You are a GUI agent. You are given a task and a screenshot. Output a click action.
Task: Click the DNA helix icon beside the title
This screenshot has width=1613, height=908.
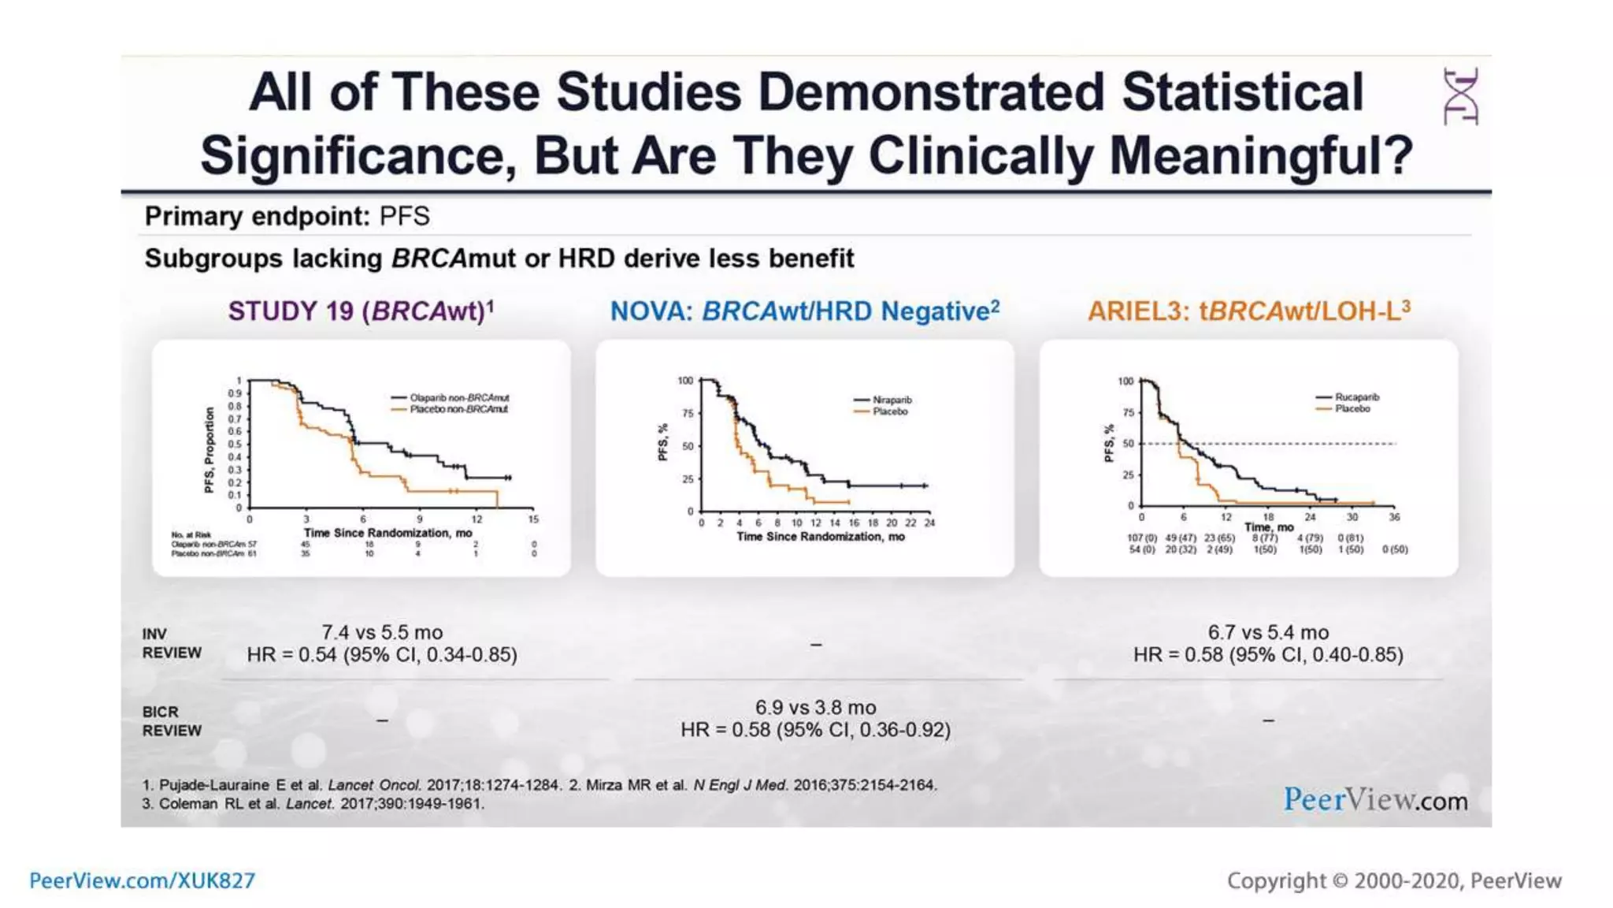[1460, 96]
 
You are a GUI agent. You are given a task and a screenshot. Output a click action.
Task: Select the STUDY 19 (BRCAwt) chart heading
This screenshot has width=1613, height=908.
[361, 311]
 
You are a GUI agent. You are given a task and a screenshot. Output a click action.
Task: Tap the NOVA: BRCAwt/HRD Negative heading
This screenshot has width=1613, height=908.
[804, 311]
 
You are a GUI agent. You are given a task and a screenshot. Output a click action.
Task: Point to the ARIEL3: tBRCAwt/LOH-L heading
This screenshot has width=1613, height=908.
[1248, 311]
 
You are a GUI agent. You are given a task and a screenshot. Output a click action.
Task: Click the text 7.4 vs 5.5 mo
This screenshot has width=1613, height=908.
[382, 632]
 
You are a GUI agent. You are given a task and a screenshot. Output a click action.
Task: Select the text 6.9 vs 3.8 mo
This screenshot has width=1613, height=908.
[815, 707]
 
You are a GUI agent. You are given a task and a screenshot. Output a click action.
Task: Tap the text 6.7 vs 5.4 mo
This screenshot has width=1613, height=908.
[1268, 632]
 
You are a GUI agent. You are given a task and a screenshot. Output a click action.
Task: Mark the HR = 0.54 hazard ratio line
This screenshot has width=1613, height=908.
[382, 655]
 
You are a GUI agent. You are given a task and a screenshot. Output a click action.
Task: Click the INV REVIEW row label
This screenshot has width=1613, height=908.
[172, 643]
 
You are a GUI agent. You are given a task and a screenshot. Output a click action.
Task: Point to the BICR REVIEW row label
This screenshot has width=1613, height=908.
[172, 721]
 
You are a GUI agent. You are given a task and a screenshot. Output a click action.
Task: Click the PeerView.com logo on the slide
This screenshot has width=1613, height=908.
[1375, 800]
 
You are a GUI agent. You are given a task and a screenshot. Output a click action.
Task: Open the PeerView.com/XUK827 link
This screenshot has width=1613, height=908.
[143, 880]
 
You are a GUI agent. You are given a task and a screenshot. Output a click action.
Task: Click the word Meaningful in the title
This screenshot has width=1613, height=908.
[1260, 155]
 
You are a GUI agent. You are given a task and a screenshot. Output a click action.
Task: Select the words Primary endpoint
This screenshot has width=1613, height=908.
[257, 216]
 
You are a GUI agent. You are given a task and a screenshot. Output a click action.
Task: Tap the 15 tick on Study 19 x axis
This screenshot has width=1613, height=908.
[533, 519]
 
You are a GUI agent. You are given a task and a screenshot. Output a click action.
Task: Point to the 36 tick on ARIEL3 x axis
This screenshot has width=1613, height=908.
[1394, 517]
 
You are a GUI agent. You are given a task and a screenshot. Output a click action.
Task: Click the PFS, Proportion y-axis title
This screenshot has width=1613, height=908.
[209, 450]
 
